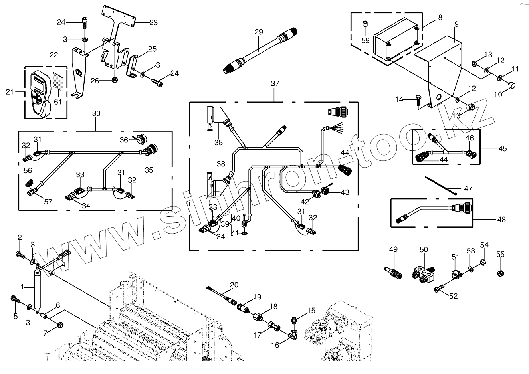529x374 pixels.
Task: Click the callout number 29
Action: tap(258, 32)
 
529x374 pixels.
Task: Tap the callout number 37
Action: tap(275, 84)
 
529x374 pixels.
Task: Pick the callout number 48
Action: tap(501, 219)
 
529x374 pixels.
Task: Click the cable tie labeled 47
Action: tap(441, 186)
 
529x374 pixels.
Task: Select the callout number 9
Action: tap(456, 24)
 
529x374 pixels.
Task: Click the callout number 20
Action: tap(234, 285)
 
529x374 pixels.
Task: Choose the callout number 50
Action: tap(424, 250)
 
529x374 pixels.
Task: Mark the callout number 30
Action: tap(96, 113)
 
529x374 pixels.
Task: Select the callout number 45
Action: tap(502, 148)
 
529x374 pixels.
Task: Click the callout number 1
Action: tap(22, 287)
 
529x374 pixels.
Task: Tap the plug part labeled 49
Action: tap(394, 271)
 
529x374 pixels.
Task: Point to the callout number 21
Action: tap(10, 92)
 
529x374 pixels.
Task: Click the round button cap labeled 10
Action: tap(511, 85)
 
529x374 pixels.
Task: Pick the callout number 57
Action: tap(48, 202)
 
